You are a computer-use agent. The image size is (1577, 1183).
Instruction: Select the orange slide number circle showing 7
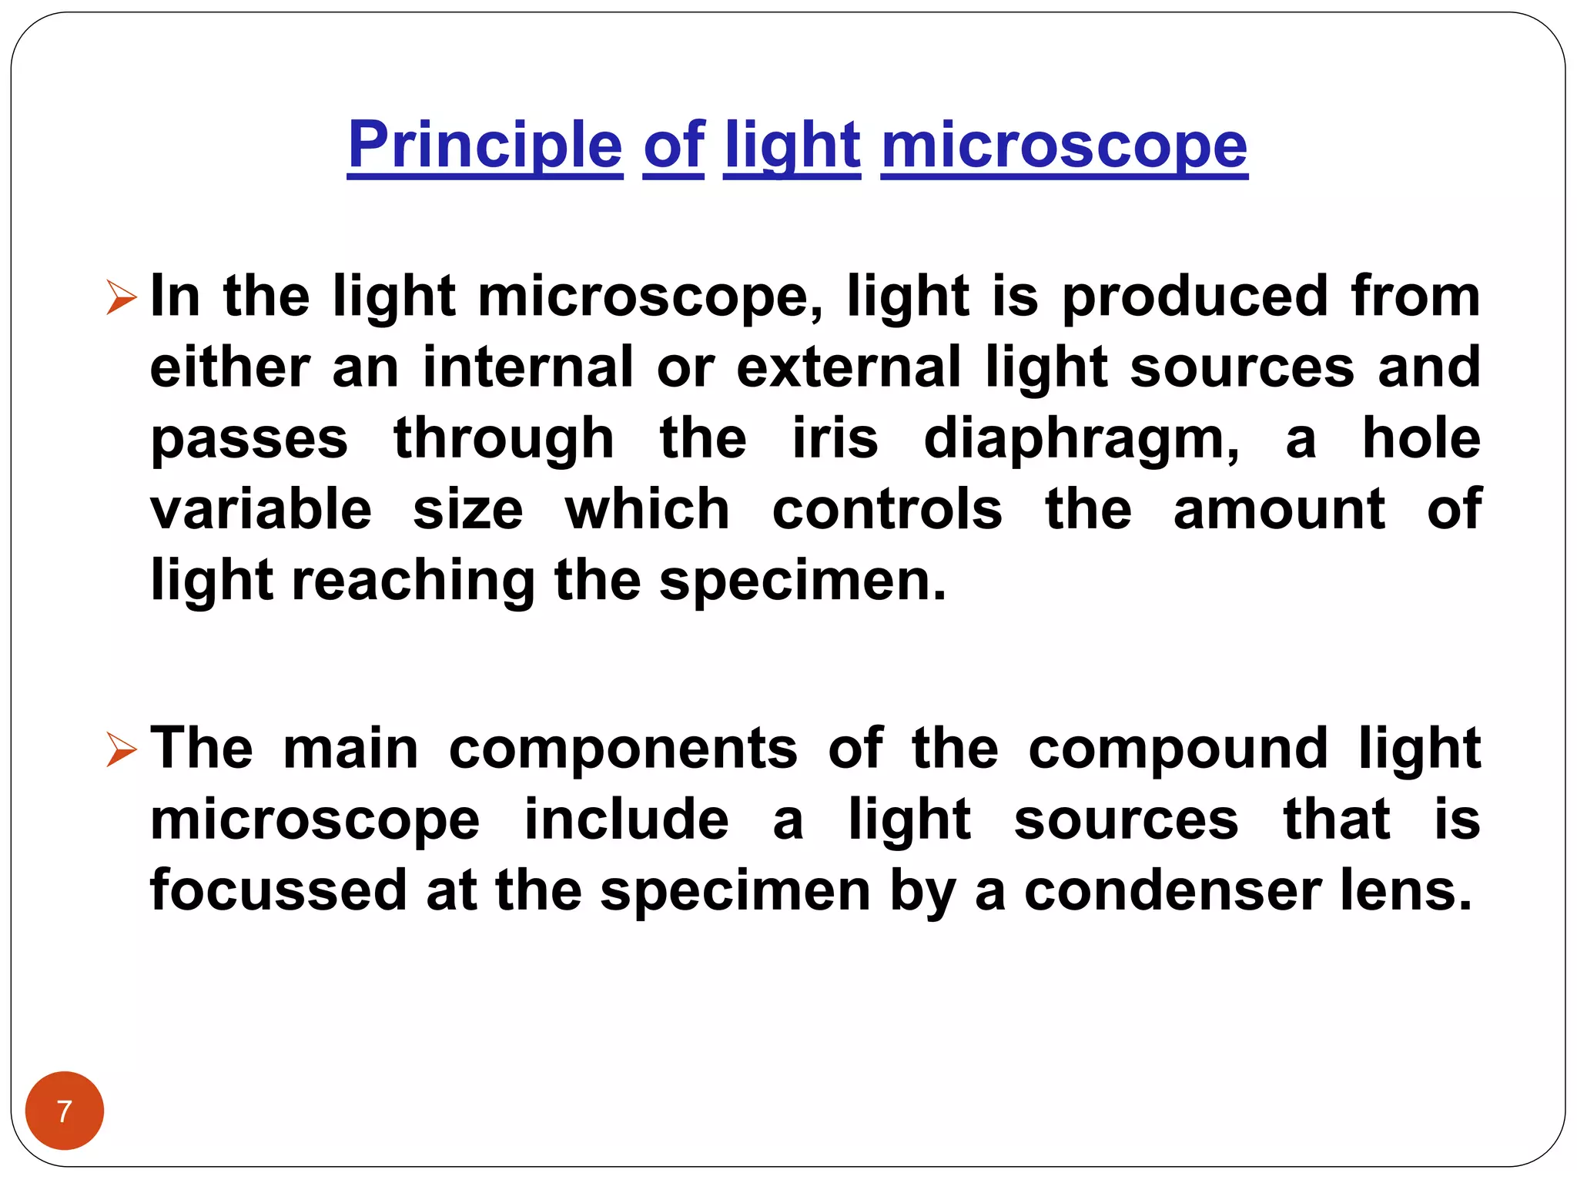pos(65,1111)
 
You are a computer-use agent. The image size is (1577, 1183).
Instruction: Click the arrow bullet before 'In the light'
pos(122,297)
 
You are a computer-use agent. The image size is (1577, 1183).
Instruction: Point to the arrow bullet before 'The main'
pos(122,749)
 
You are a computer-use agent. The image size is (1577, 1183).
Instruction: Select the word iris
pos(835,438)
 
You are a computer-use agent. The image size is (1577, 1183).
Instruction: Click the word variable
pos(261,509)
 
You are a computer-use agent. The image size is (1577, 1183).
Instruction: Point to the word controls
pos(887,509)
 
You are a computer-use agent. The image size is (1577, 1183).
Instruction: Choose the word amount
pos(1279,509)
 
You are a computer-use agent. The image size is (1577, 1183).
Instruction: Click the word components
pos(623,749)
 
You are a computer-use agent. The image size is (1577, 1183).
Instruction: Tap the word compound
pos(1177,749)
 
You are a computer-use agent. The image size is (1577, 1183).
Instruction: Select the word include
pos(626,819)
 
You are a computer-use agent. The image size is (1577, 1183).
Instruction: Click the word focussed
pos(278,890)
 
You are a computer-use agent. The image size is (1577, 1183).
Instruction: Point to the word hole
pos(1421,438)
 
